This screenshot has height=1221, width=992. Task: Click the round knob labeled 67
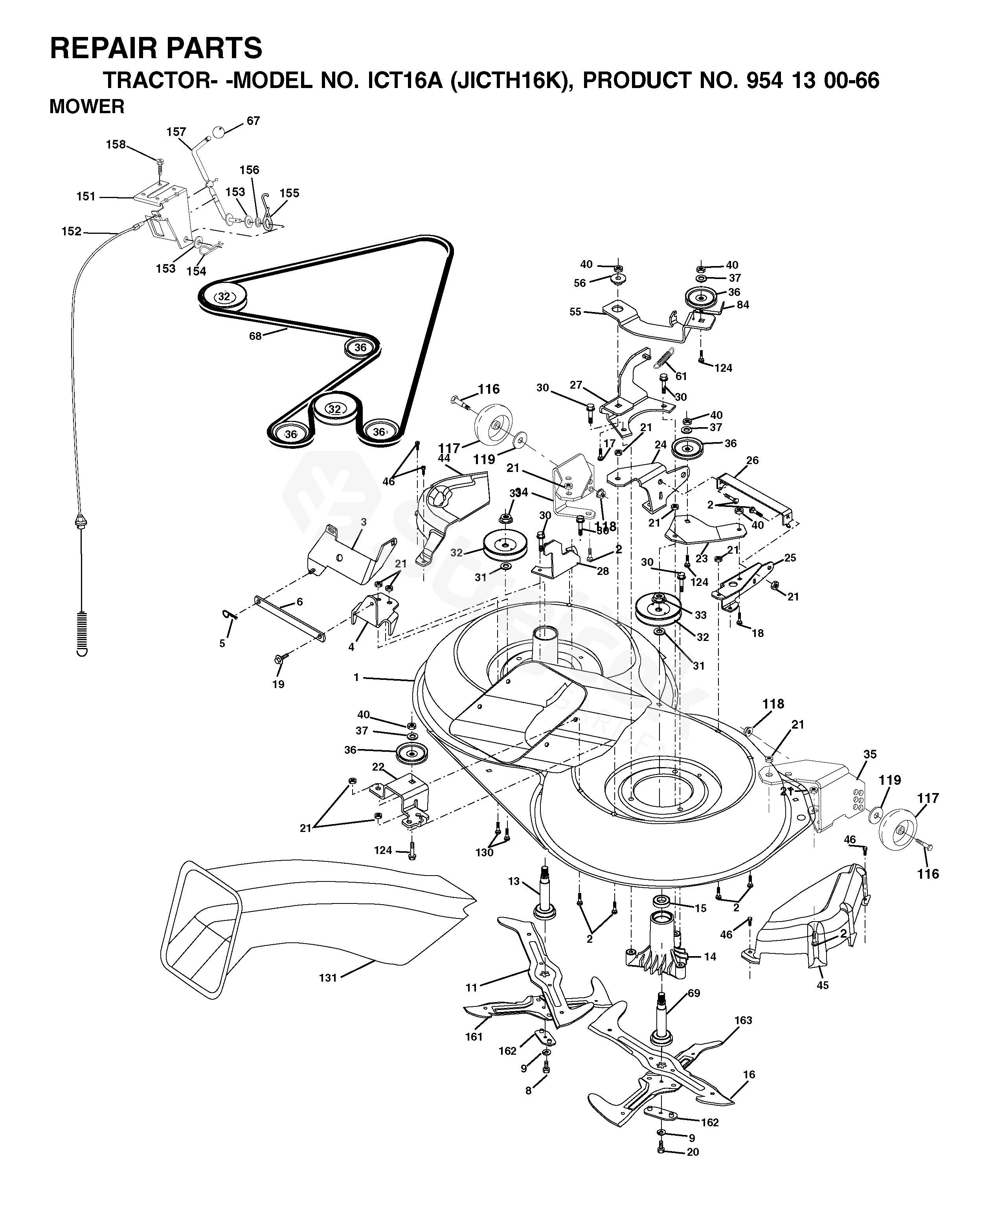click(219, 132)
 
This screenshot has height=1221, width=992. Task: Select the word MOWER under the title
click(87, 107)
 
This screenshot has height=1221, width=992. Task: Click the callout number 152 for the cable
click(72, 231)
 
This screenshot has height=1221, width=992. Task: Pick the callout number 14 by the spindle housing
click(710, 957)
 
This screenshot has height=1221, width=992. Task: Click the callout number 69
click(694, 993)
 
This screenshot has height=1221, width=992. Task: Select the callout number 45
click(823, 985)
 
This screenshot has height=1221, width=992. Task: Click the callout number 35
click(870, 754)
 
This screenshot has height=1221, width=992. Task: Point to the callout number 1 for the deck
click(356, 677)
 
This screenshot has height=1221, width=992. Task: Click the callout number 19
click(278, 684)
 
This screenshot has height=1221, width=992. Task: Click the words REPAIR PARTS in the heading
click(156, 48)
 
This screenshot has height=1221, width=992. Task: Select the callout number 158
click(116, 145)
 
